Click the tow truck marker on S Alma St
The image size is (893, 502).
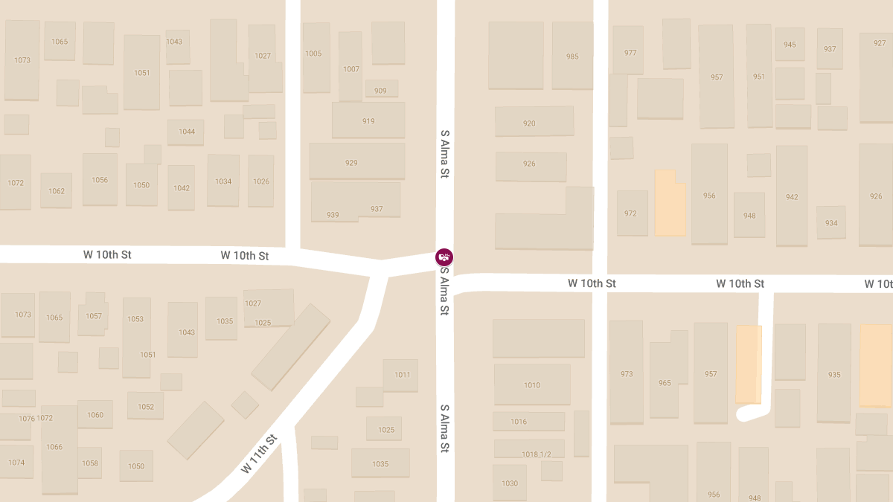(x=444, y=257)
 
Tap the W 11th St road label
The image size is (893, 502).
(x=259, y=454)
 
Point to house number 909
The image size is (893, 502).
(x=381, y=90)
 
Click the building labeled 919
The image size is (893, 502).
(x=368, y=120)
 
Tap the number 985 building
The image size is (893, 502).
(x=572, y=57)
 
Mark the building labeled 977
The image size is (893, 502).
(x=630, y=52)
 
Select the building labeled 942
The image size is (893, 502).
(x=792, y=197)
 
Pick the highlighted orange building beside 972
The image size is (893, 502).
(x=670, y=205)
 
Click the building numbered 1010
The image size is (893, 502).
(x=532, y=384)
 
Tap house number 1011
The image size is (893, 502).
(x=402, y=374)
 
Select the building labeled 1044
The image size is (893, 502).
(x=186, y=132)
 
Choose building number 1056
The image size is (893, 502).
(x=100, y=180)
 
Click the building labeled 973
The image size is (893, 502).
(x=627, y=373)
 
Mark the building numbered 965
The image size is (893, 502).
(x=665, y=383)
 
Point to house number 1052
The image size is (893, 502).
(x=146, y=406)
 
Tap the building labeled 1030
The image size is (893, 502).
(x=510, y=483)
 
